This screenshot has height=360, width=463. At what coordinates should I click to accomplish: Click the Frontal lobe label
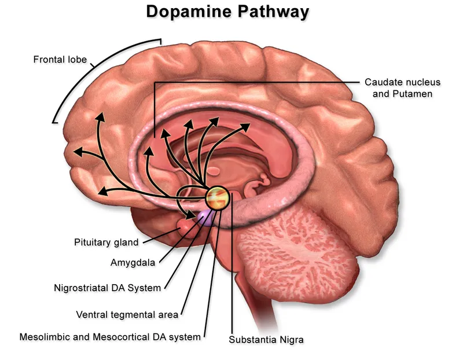[60, 59]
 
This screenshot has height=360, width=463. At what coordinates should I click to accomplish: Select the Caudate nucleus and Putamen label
[398, 87]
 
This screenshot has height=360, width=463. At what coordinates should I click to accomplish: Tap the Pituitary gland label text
[106, 241]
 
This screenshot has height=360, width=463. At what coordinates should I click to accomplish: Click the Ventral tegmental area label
[127, 315]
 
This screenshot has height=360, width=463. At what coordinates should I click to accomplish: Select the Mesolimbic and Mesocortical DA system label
[110, 336]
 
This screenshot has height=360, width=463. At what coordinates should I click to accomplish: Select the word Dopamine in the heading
[186, 12]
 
